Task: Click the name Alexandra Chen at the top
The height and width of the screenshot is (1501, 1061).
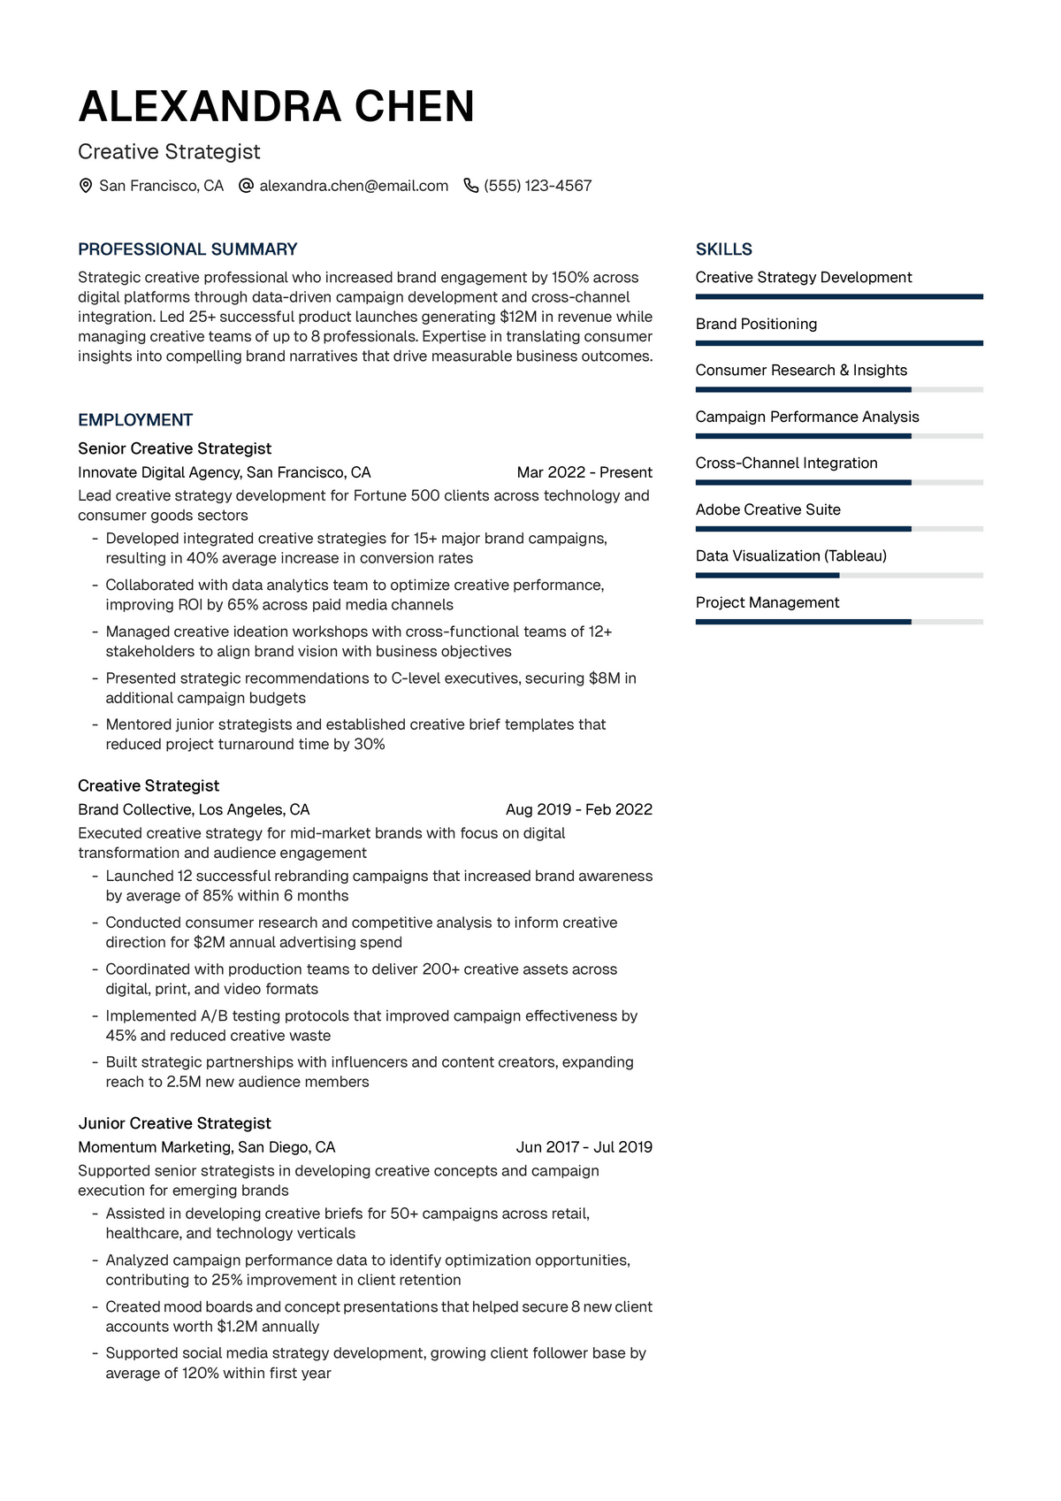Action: coord(276,107)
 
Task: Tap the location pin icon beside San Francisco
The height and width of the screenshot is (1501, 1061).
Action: coord(86,186)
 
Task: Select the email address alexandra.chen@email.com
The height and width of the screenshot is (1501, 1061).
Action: coord(354,186)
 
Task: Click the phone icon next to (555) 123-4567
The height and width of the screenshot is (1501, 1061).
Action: coord(471,186)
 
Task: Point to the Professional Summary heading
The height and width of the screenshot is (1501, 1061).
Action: coord(187,249)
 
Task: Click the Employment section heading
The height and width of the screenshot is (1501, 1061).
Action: coord(135,420)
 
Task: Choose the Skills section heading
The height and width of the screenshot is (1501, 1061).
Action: coord(723,249)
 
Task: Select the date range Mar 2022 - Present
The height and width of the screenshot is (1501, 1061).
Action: coord(584,472)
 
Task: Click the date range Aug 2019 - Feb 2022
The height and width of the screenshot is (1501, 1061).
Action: coord(578,809)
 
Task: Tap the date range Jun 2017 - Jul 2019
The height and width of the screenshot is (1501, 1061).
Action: coord(584,1147)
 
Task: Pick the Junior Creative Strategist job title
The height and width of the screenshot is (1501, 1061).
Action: coord(174,1123)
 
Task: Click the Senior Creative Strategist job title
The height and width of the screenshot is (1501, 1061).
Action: coord(174,448)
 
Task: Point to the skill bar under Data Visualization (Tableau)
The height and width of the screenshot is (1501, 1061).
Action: coord(838,576)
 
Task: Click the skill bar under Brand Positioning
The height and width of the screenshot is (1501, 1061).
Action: coord(838,343)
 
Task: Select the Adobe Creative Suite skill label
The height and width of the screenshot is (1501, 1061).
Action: coord(767,509)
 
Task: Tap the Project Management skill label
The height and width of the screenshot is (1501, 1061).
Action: coord(767,602)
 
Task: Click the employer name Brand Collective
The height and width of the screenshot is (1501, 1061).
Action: coord(134,809)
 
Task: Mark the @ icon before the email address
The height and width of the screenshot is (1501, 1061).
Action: coord(247,186)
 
